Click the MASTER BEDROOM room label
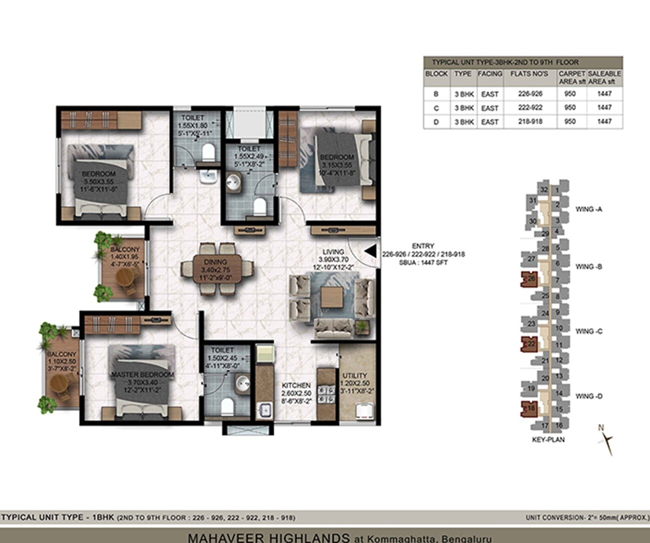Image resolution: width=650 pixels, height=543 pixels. [x=142, y=374]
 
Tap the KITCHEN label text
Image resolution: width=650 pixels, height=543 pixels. [x=296, y=385]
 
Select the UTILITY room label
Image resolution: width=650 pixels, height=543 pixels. [x=354, y=375]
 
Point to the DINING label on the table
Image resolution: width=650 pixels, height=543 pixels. [x=215, y=262]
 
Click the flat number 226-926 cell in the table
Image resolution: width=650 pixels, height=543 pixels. [x=529, y=93]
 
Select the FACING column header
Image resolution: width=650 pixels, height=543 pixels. [x=489, y=73]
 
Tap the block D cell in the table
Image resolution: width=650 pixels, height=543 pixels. [x=435, y=121]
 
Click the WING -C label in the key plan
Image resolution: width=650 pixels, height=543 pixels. [x=588, y=331]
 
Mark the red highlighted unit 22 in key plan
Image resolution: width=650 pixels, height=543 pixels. [x=529, y=344]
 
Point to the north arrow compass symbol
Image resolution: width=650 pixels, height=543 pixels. [x=607, y=439]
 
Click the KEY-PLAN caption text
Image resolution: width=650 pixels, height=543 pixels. [x=548, y=439]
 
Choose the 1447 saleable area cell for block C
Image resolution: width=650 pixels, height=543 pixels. [x=604, y=107]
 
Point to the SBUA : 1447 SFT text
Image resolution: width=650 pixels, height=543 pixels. [x=423, y=262]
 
